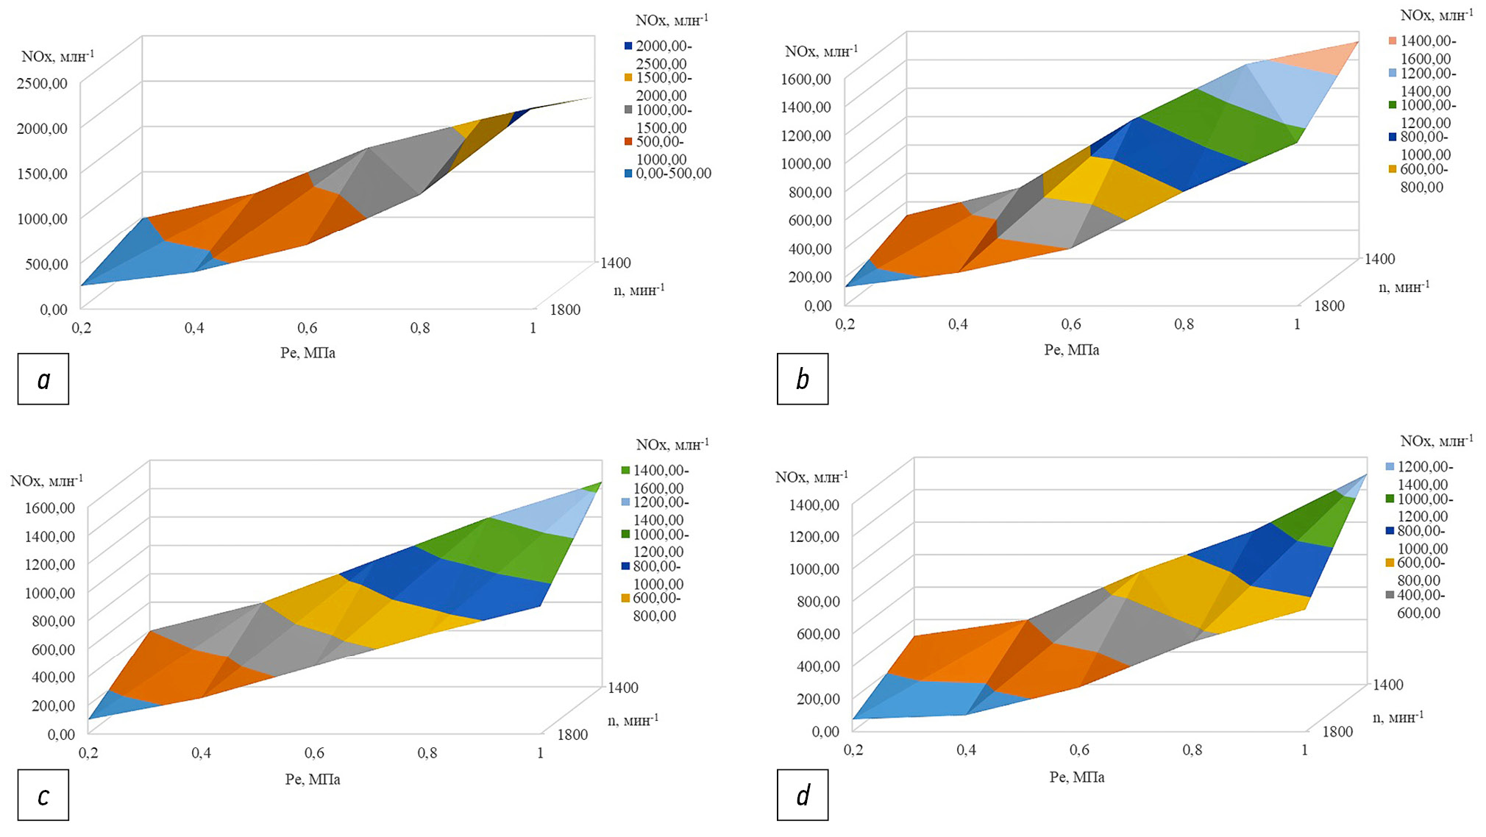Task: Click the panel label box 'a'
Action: [43, 379]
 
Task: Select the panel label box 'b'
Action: [803, 379]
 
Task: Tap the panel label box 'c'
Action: [43, 795]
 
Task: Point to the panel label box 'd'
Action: [803, 795]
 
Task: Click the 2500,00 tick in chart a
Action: [41, 83]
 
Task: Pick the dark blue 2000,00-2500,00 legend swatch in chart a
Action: [628, 46]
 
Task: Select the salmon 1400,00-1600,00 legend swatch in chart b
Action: [1393, 41]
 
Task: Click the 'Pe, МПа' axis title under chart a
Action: [307, 353]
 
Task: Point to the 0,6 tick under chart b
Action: [1071, 324]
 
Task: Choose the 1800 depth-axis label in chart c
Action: [572, 734]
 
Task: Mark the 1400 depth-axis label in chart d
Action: [1387, 685]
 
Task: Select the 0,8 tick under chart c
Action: [427, 753]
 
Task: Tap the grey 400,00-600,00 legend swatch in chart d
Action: [1390, 595]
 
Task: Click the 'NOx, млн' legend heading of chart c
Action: [672, 445]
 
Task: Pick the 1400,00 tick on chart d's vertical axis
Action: [814, 505]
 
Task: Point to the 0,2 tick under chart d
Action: [853, 750]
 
